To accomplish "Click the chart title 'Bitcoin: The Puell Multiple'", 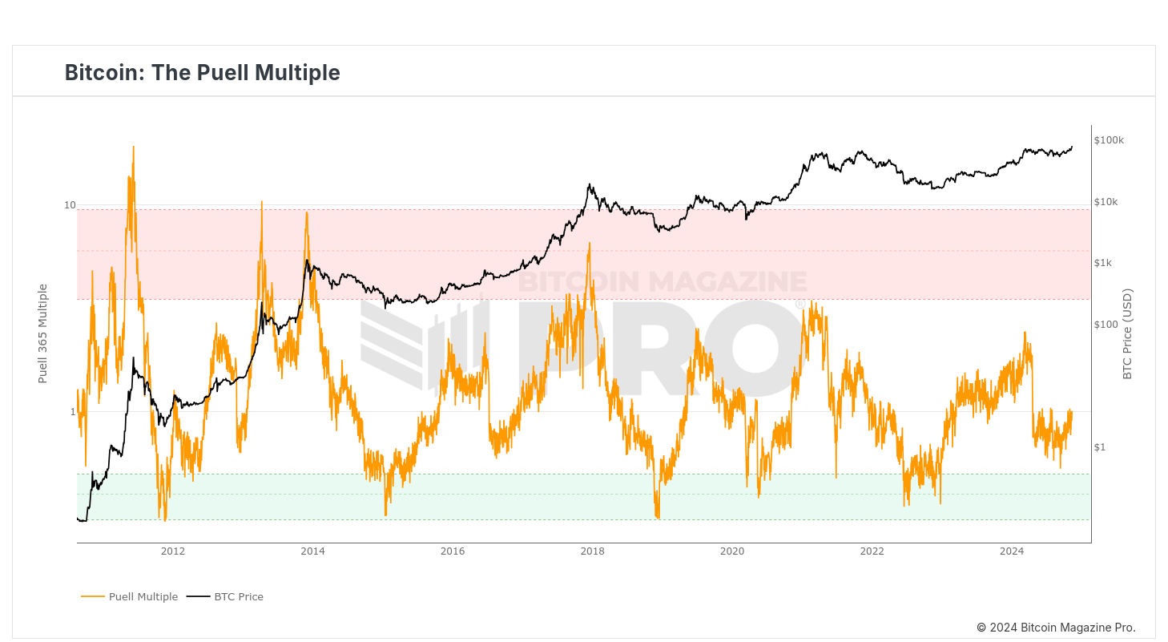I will point(202,73).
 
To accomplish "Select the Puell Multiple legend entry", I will point(143,596).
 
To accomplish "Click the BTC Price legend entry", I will point(238,596).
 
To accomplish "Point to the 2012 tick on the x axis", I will point(173,551).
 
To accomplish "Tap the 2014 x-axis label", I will point(312,551).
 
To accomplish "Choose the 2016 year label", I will point(453,551).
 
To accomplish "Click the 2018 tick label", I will point(592,551).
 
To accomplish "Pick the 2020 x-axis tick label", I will point(732,551).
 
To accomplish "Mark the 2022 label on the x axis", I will point(872,551).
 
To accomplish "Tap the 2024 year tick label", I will point(1012,551).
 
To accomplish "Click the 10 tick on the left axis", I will point(70,205).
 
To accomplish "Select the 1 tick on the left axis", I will point(72,412).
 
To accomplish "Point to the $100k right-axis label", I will point(1109,140).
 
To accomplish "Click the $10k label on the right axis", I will point(1106,202).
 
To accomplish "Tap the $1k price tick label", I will point(1104,263).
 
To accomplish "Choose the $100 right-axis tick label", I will point(1106,325).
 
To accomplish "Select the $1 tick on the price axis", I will point(1099,447).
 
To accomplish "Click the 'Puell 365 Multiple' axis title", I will point(43,333).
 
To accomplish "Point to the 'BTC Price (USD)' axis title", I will point(1127,333).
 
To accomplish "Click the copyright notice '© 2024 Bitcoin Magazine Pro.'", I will point(1055,628).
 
